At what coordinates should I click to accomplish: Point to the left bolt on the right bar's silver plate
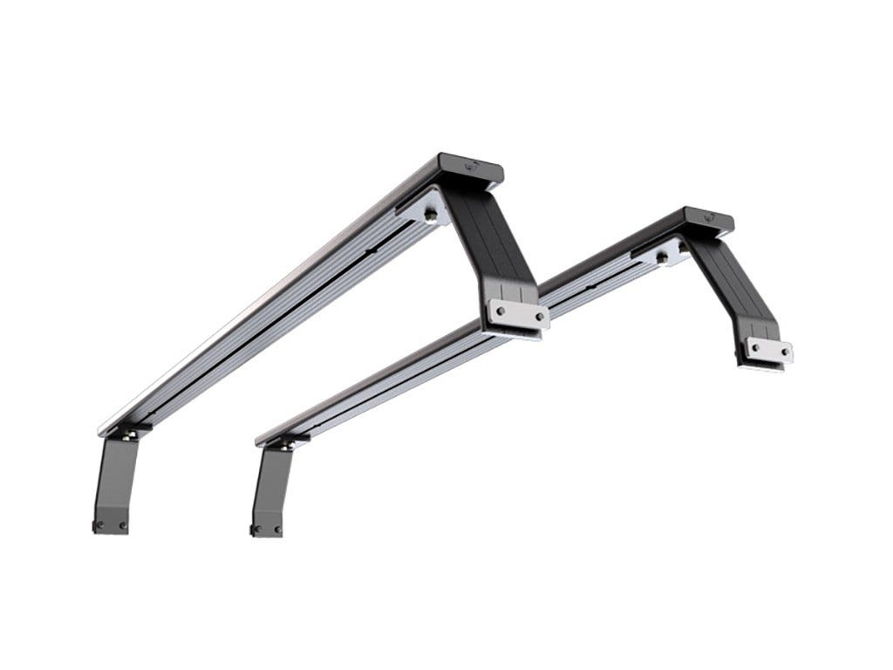(x=753, y=346)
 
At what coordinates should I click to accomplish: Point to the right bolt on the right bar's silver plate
(x=785, y=352)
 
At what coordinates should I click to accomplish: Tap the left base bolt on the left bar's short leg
(x=99, y=525)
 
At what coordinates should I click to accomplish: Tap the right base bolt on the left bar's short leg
(x=122, y=526)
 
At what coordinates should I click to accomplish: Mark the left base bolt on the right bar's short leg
(x=256, y=530)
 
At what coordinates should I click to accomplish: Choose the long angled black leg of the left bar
(x=497, y=244)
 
